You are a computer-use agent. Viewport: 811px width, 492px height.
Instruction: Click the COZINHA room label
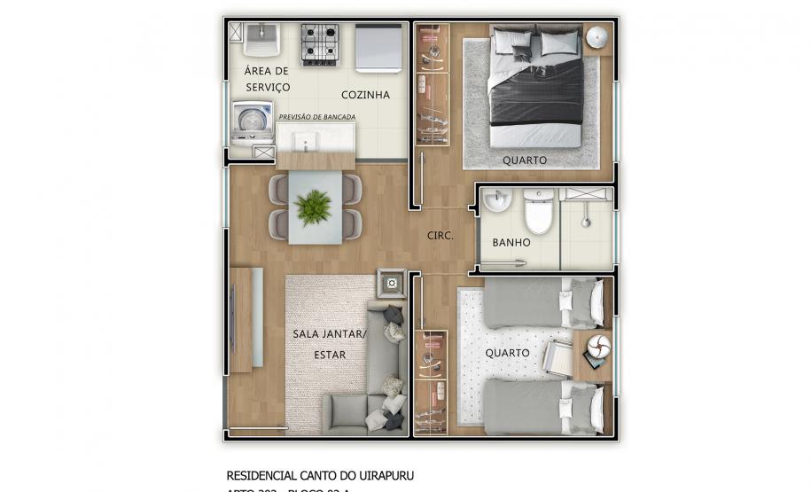(365, 95)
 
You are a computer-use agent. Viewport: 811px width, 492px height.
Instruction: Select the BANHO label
(511, 242)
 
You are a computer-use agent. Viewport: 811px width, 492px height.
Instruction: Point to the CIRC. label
(441, 236)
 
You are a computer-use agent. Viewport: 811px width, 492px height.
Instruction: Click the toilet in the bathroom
(538, 211)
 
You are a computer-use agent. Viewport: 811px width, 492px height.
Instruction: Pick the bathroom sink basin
(496, 202)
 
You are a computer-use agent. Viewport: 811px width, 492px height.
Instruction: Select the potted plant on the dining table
(314, 207)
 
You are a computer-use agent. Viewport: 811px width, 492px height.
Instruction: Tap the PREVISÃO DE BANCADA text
(317, 117)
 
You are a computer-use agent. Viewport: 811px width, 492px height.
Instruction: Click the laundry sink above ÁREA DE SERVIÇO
(262, 41)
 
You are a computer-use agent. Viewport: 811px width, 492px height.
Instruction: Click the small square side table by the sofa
(391, 285)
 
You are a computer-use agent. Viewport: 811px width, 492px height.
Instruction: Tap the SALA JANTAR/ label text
(329, 334)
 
